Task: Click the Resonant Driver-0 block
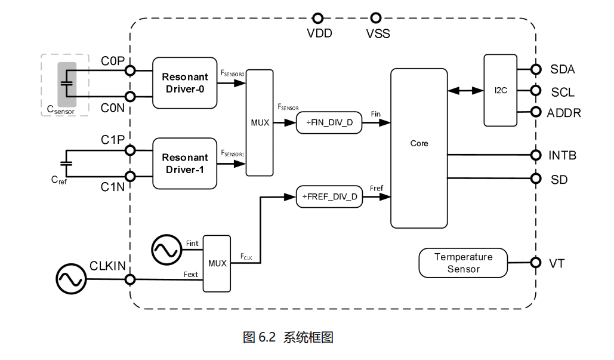click(x=185, y=83)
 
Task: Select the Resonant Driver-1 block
click(x=185, y=164)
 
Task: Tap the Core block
click(x=419, y=148)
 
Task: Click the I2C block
click(x=500, y=91)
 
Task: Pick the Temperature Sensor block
click(x=463, y=263)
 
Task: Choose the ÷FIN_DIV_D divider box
click(x=329, y=123)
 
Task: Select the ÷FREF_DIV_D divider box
click(x=329, y=196)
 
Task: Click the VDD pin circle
click(x=319, y=18)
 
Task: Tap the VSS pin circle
click(x=377, y=18)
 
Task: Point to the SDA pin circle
click(x=535, y=69)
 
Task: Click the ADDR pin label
click(x=564, y=113)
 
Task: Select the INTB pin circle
click(x=535, y=155)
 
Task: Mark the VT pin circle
click(x=535, y=263)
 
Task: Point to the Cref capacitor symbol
click(x=66, y=163)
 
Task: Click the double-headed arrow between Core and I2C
click(x=465, y=91)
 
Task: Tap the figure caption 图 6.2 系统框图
click(x=288, y=337)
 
